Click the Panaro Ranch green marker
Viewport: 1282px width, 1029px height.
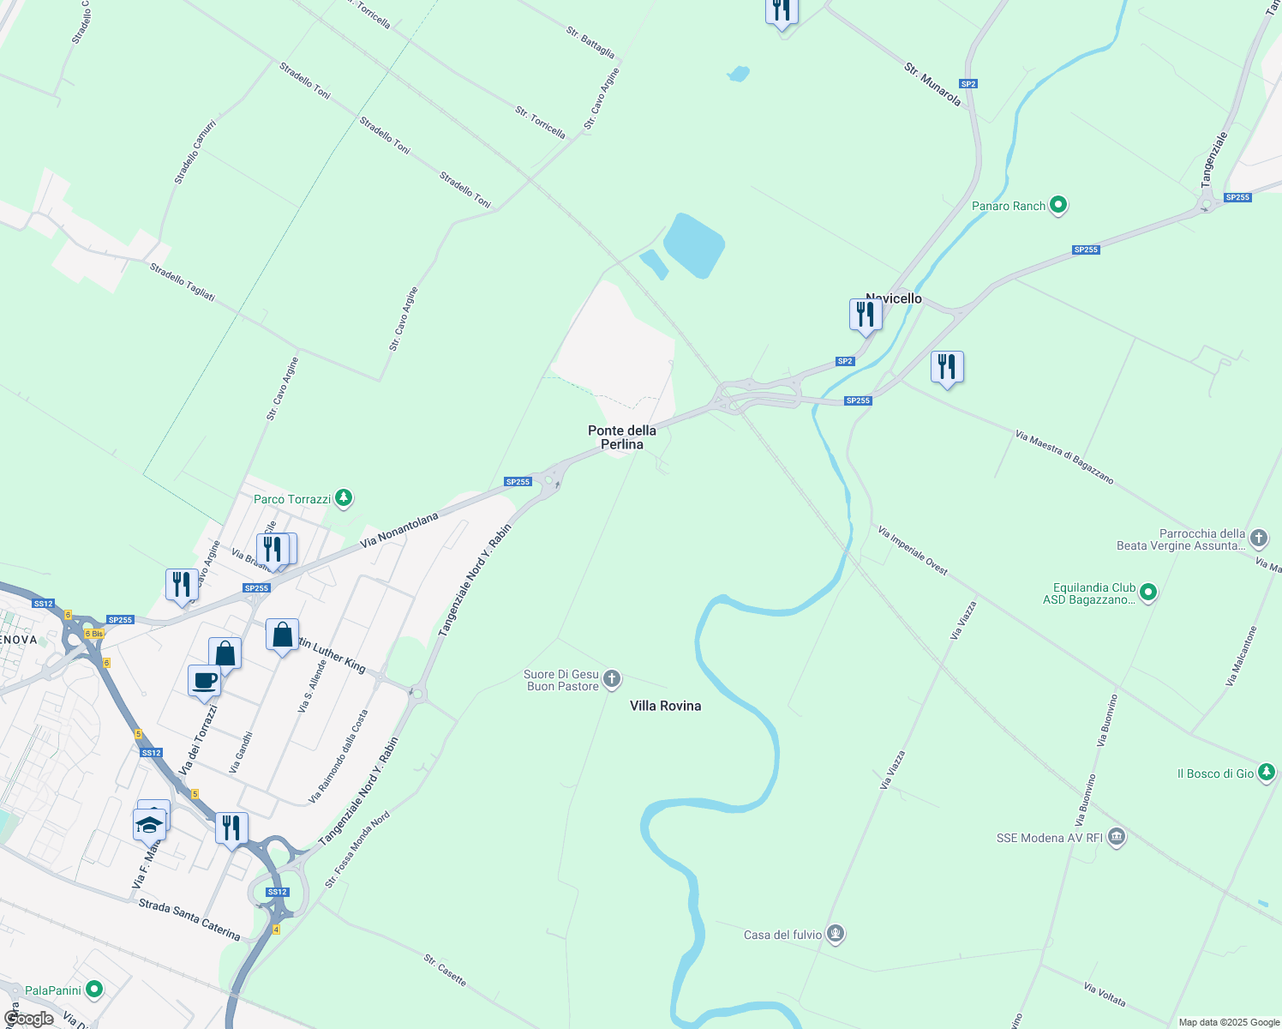[1058, 206]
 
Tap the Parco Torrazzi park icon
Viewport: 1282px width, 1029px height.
[343, 498]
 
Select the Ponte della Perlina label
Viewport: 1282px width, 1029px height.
[622, 437]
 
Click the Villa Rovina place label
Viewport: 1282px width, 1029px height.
[665, 706]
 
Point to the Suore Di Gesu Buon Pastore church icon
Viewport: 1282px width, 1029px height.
[611, 680]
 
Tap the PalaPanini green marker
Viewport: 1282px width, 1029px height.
[94, 990]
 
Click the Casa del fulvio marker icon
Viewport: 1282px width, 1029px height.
[836, 934]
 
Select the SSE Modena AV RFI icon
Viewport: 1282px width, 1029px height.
[1116, 837]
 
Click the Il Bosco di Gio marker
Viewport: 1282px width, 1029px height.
[1267, 773]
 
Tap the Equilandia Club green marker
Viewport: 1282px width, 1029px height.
[1149, 593]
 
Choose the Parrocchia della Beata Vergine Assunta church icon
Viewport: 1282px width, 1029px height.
[1258, 539]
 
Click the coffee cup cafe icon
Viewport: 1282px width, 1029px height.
[205, 681]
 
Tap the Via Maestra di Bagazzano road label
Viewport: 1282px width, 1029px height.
[1064, 458]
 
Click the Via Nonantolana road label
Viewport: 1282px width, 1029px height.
[399, 530]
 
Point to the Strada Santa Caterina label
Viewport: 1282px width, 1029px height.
[189, 919]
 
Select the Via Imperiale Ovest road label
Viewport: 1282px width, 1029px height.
[913, 551]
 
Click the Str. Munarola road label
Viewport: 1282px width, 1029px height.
[932, 84]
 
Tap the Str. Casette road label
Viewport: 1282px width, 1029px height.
[445, 970]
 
